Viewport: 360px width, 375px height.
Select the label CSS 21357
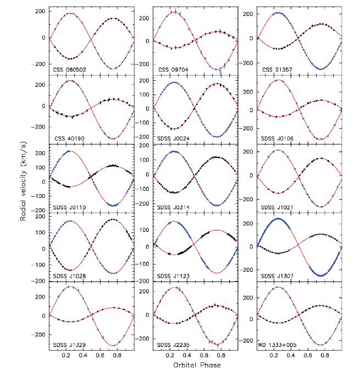(x=274, y=70)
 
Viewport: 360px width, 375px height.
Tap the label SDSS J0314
(x=172, y=207)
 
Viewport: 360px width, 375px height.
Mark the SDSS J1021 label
(x=275, y=207)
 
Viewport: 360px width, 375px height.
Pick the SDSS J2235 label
(x=172, y=345)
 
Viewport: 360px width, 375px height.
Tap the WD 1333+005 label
(x=278, y=345)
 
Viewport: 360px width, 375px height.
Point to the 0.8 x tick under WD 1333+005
(x=325, y=356)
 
